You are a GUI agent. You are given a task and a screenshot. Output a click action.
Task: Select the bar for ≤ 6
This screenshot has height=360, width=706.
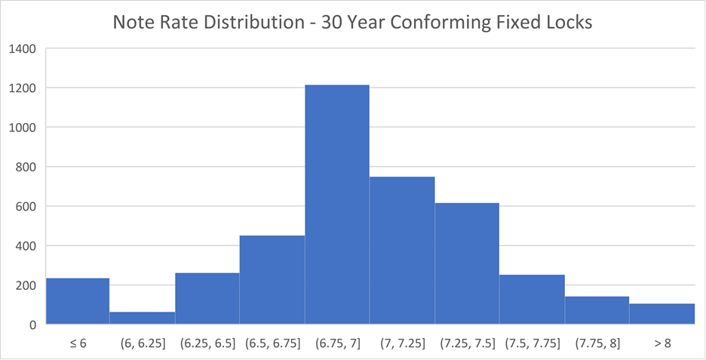pos(78,301)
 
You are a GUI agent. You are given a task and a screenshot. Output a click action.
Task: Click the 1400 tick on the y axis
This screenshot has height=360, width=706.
pos(23,49)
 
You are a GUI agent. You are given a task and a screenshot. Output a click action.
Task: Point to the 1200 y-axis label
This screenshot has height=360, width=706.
pos(23,88)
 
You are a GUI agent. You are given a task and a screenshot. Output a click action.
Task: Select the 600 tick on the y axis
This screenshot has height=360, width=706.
pos(27,207)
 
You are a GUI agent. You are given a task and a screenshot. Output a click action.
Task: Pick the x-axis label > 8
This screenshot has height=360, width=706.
pos(661,343)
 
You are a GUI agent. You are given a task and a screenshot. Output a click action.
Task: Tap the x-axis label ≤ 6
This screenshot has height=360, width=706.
pos(78,343)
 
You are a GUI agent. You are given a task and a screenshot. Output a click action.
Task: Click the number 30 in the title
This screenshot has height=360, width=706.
pos(333,23)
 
